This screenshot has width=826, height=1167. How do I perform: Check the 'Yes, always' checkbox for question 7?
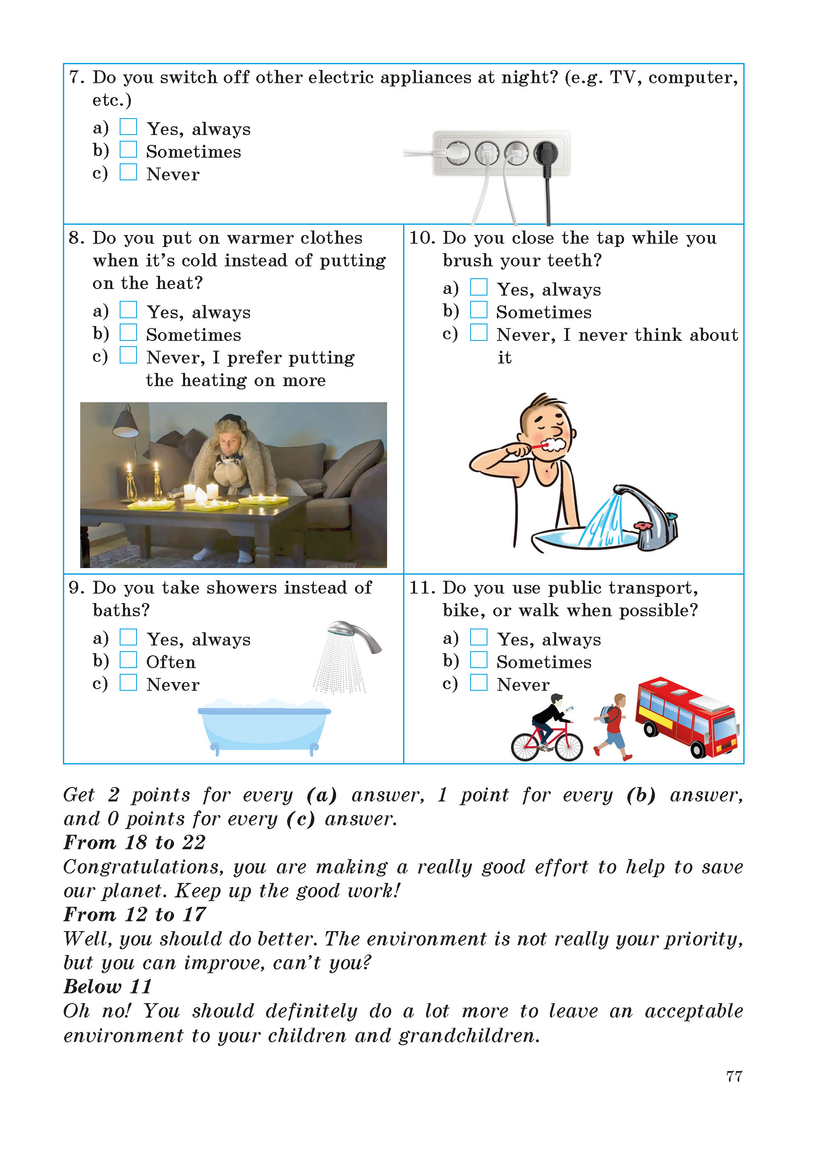click(x=128, y=127)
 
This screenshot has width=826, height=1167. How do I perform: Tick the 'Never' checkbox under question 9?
click(x=128, y=682)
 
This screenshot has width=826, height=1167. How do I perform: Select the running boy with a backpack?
click(x=613, y=725)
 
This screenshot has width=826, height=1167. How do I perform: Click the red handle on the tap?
click(x=643, y=526)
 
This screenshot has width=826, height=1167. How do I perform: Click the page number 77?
click(x=734, y=1076)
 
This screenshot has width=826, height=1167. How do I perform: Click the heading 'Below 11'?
click(x=108, y=986)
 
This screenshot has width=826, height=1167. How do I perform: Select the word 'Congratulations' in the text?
click(x=143, y=867)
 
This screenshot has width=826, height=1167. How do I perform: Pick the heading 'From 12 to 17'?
click(x=135, y=915)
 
